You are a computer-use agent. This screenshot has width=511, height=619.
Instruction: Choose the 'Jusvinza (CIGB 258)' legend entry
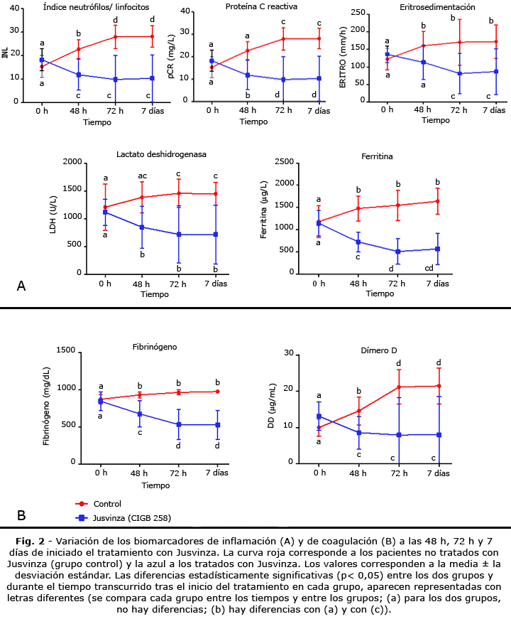point(132,518)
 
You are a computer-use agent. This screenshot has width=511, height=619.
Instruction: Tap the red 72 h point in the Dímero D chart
point(400,387)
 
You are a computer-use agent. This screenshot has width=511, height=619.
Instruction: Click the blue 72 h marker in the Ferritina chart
point(397,252)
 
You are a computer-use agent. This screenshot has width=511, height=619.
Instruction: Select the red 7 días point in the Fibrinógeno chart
point(217,392)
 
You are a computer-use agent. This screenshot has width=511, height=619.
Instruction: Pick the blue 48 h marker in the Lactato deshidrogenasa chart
point(142,227)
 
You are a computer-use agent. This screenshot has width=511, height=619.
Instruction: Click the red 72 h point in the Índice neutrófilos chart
point(116,36)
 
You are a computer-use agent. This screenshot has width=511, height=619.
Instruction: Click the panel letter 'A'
point(21,286)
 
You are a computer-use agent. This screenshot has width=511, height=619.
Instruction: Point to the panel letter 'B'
point(21,515)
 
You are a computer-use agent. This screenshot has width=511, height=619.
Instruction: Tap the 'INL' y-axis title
point(6,54)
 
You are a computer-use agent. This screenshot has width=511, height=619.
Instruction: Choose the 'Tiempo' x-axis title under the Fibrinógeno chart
point(155,485)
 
